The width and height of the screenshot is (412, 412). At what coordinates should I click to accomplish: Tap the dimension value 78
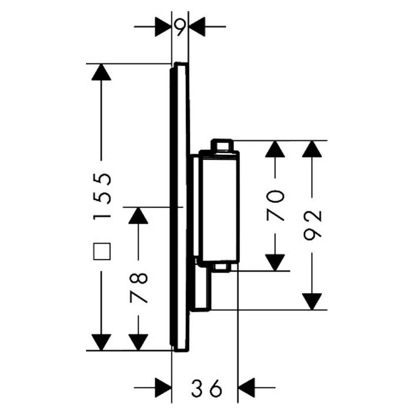click(138, 287)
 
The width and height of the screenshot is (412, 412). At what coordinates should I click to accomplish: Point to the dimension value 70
click(275, 205)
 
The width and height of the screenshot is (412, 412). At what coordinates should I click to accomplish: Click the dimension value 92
click(313, 224)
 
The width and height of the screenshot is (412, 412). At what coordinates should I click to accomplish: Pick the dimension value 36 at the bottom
click(206, 388)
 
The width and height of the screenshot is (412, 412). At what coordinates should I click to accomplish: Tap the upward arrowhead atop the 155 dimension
click(102, 73)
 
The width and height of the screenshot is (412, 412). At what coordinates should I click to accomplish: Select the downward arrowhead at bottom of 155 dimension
click(102, 341)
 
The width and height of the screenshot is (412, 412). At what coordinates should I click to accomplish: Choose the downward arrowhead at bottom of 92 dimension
click(313, 300)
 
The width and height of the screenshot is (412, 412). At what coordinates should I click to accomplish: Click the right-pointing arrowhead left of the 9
click(163, 26)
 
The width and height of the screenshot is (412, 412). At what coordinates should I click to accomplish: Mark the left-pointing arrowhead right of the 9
click(197, 26)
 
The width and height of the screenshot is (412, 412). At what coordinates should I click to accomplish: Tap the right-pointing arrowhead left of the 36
click(162, 387)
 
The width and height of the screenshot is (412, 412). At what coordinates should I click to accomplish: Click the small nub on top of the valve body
click(222, 145)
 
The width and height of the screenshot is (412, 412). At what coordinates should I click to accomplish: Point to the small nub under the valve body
click(222, 268)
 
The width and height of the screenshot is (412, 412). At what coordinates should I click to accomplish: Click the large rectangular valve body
click(219, 206)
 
